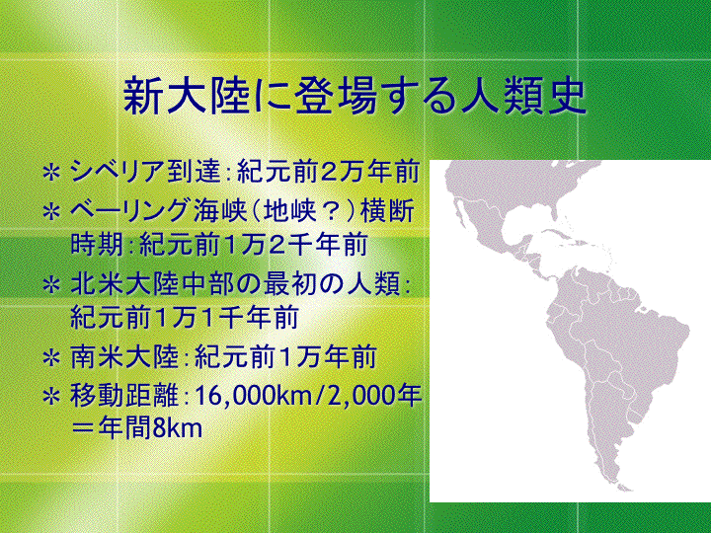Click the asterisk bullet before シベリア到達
(x=51, y=173)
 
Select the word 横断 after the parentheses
(x=387, y=211)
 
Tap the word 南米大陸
(x=124, y=357)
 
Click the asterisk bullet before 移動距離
(x=51, y=397)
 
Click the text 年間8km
(x=150, y=428)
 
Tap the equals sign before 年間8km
(x=84, y=428)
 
